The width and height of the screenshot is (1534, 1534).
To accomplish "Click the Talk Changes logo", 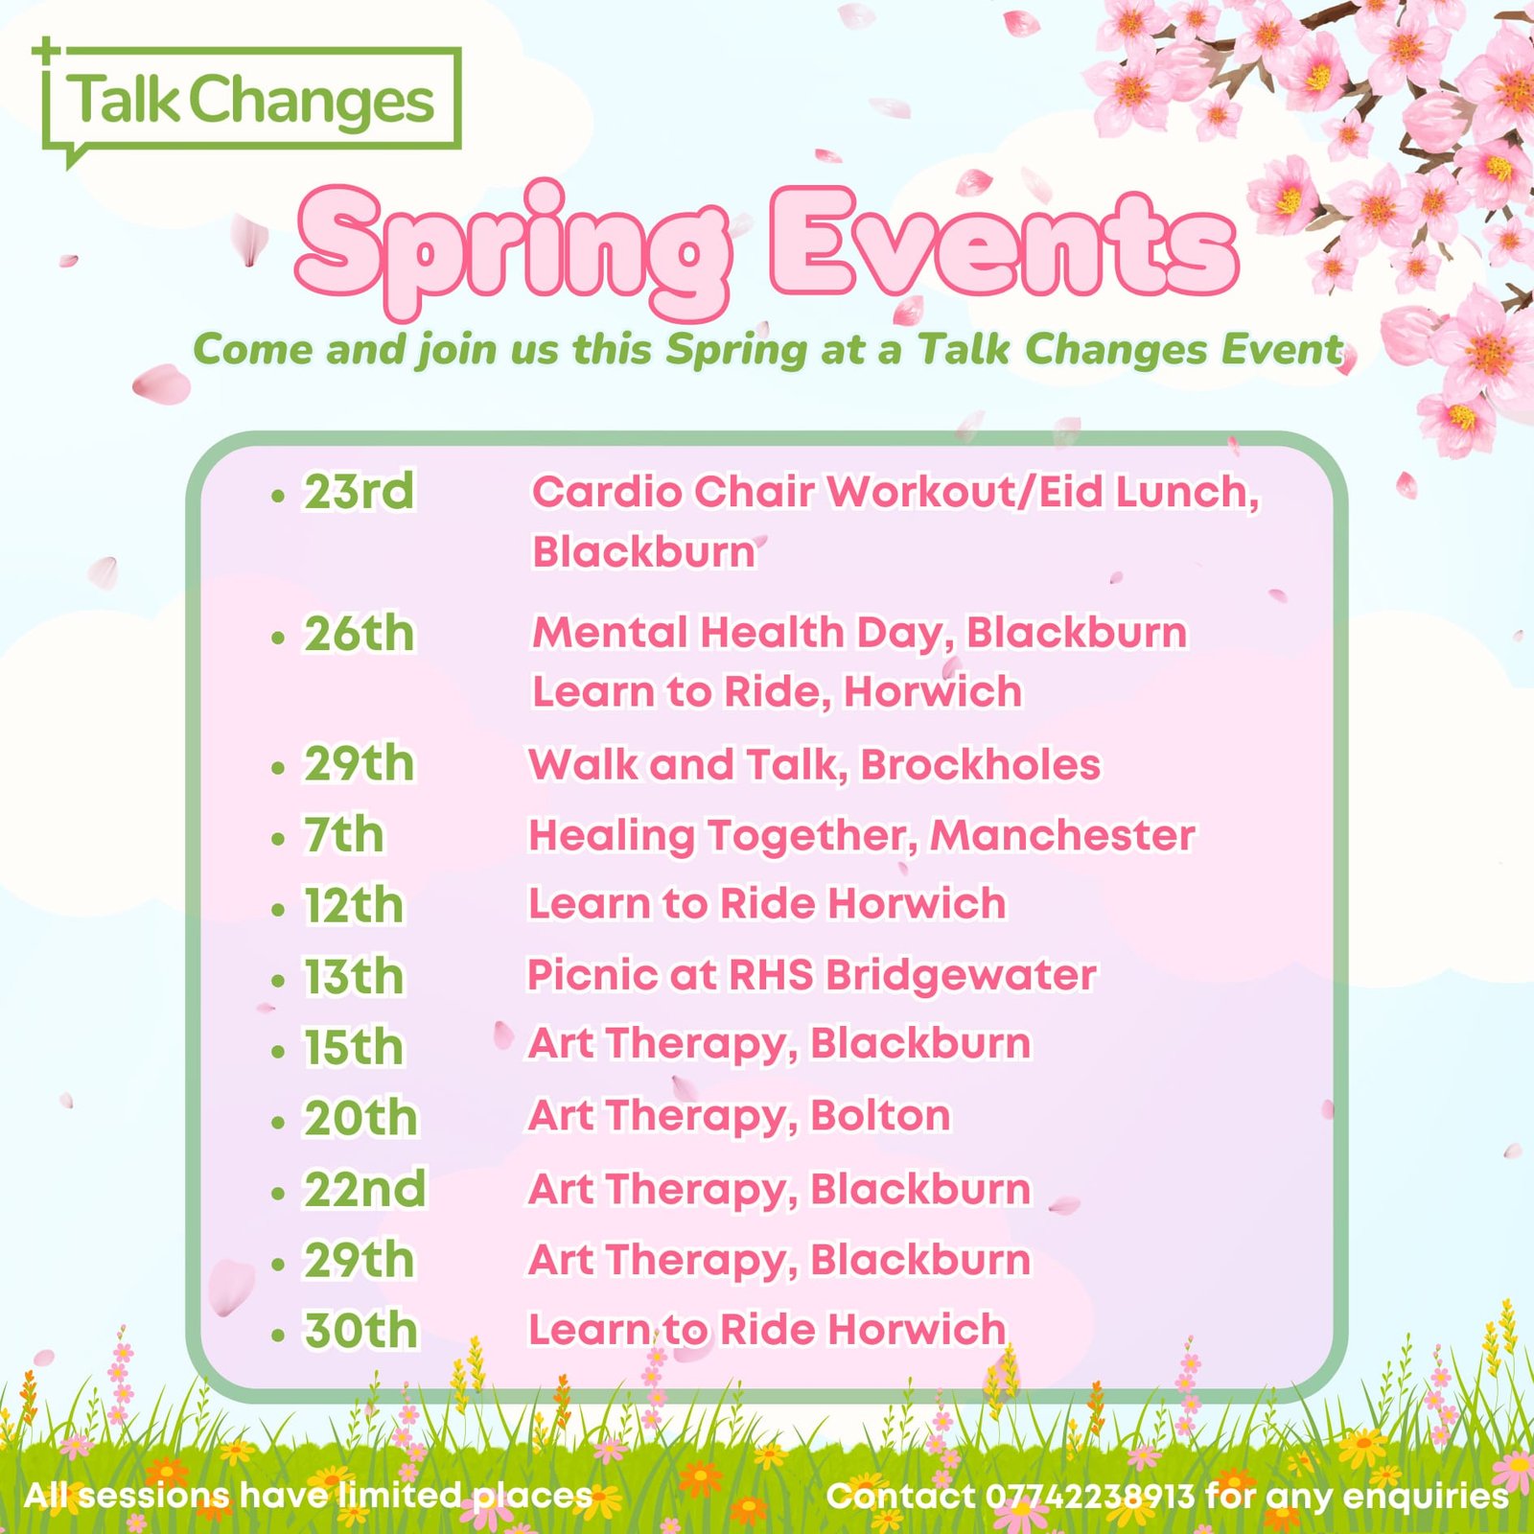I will (x=251, y=101).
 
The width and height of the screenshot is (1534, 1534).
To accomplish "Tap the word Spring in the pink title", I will (x=515, y=247).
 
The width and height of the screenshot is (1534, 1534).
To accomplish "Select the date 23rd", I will (x=360, y=492).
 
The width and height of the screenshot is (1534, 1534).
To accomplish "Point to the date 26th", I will (x=360, y=634).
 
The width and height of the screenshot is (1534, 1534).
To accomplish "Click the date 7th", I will (x=344, y=835).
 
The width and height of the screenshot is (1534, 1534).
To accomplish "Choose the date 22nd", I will (x=365, y=1190).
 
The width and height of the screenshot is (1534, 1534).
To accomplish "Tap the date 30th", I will (x=361, y=1331).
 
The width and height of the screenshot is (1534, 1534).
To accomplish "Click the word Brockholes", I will (x=980, y=765).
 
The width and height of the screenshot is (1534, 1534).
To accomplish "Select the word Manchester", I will (x=1062, y=835).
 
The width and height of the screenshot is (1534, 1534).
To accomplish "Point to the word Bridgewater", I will (x=961, y=976).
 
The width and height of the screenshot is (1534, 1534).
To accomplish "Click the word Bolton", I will (x=880, y=1116).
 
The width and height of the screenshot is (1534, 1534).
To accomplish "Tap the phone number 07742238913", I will (x=1090, y=1496).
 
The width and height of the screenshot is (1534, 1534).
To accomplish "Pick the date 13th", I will (x=354, y=977).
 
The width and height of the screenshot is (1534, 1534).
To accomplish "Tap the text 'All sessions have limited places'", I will (x=308, y=1496).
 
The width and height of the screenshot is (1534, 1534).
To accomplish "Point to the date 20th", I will (x=361, y=1118).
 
